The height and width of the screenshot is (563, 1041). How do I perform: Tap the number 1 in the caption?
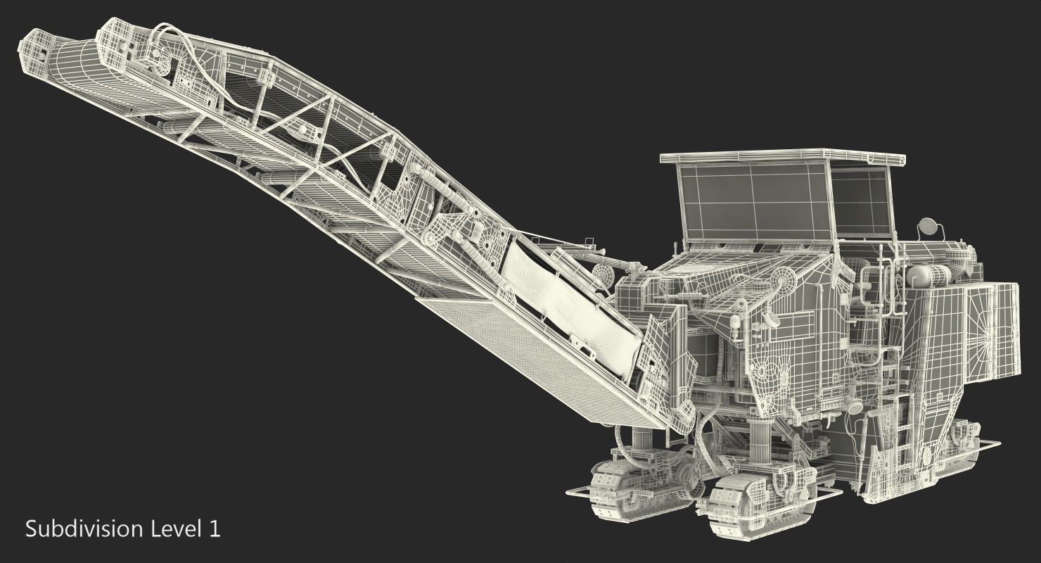pos(215,529)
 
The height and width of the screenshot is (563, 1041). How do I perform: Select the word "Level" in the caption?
pos(176,529)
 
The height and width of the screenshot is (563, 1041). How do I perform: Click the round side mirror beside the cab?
pos(928,227)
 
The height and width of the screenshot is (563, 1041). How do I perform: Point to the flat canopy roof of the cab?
pos(781,156)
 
